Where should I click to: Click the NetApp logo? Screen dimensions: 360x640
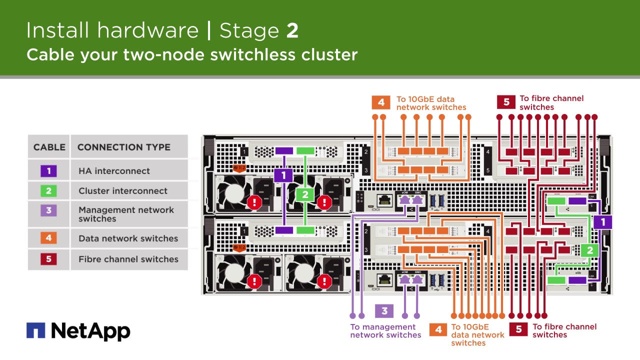pyautogui.click(x=78, y=331)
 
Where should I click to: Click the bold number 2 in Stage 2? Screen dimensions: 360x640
pyautogui.click(x=292, y=30)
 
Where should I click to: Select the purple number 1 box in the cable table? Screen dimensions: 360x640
pyautogui.click(x=48, y=171)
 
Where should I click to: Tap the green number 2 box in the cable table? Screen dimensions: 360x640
pyautogui.click(x=48, y=190)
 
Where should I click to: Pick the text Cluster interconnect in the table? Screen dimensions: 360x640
pyautogui.click(x=123, y=190)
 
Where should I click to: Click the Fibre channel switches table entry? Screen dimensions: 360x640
pyautogui.click(x=128, y=259)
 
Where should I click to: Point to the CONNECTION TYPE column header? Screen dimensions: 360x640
pyautogui.click(x=123, y=147)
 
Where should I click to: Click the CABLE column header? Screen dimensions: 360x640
pyautogui.click(x=49, y=147)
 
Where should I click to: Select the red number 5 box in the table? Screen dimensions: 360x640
pyautogui.click(x=48, y=259)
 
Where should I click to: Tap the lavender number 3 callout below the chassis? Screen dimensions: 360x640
pyautogui.click(x=384, y=311)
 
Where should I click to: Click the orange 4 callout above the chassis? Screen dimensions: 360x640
pyautogui.click(x=381, y=102)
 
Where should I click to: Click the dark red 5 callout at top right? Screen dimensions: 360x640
pyautogui.click(x=506, y=102)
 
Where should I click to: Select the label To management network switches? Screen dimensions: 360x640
pyautogui.click(x=385, y=331)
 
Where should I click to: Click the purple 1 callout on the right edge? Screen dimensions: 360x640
pyautogui.click(x=603, y=222)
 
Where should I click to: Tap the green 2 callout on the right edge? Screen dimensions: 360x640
pyautogui.click(x=590, y=250)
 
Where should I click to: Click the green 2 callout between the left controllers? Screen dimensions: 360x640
pyautogui.click(x=305, y=195)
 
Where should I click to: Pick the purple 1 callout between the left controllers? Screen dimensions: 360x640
pyautogui.click(x=283, y=175)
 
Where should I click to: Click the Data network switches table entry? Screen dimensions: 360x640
pyautogui.click(x=128, y=238)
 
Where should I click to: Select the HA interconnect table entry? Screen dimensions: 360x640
pyautogui.click(x=114, y=171)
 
